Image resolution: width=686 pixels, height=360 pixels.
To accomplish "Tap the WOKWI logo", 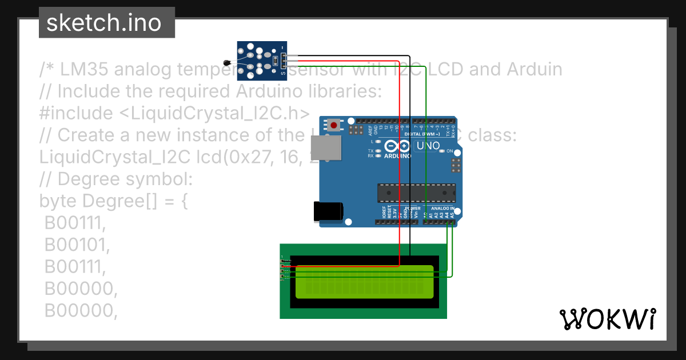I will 607,319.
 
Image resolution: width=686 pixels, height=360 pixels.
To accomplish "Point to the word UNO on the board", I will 428,146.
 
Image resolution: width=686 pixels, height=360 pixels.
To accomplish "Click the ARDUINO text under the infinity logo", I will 398,155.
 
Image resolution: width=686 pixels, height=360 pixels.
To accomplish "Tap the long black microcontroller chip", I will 416,193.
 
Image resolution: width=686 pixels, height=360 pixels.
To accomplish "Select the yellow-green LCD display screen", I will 364,282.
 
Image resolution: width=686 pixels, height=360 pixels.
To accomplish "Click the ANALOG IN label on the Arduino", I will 444,209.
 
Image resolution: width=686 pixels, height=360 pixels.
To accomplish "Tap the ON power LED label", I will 449,151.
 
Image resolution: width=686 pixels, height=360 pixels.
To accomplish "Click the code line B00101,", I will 77,245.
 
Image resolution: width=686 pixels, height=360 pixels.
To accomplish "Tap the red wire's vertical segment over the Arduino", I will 399,171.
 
